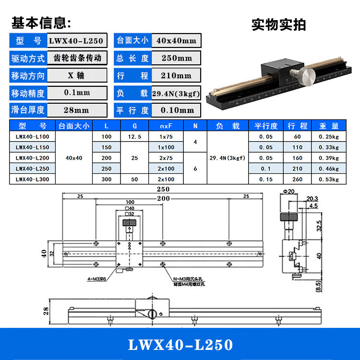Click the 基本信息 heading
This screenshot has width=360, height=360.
tap(41, 23)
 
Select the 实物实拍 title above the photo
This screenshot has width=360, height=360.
tap(278, 24)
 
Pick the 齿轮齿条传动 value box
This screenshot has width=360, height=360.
tap(77, 58)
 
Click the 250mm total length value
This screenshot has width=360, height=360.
tap(176, 58)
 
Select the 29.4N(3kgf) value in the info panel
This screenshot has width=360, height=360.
tap(176, 93)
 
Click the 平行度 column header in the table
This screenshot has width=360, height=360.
tap(266, 126)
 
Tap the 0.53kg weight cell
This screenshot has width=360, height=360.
tap(328, 179)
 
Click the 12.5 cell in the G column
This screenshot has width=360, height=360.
tap(135, 136)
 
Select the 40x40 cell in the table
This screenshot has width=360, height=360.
tap(73, 157)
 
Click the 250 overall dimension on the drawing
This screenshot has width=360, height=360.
tap(163, 190)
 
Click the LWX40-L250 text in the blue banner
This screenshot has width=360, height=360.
tap(180, 345)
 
